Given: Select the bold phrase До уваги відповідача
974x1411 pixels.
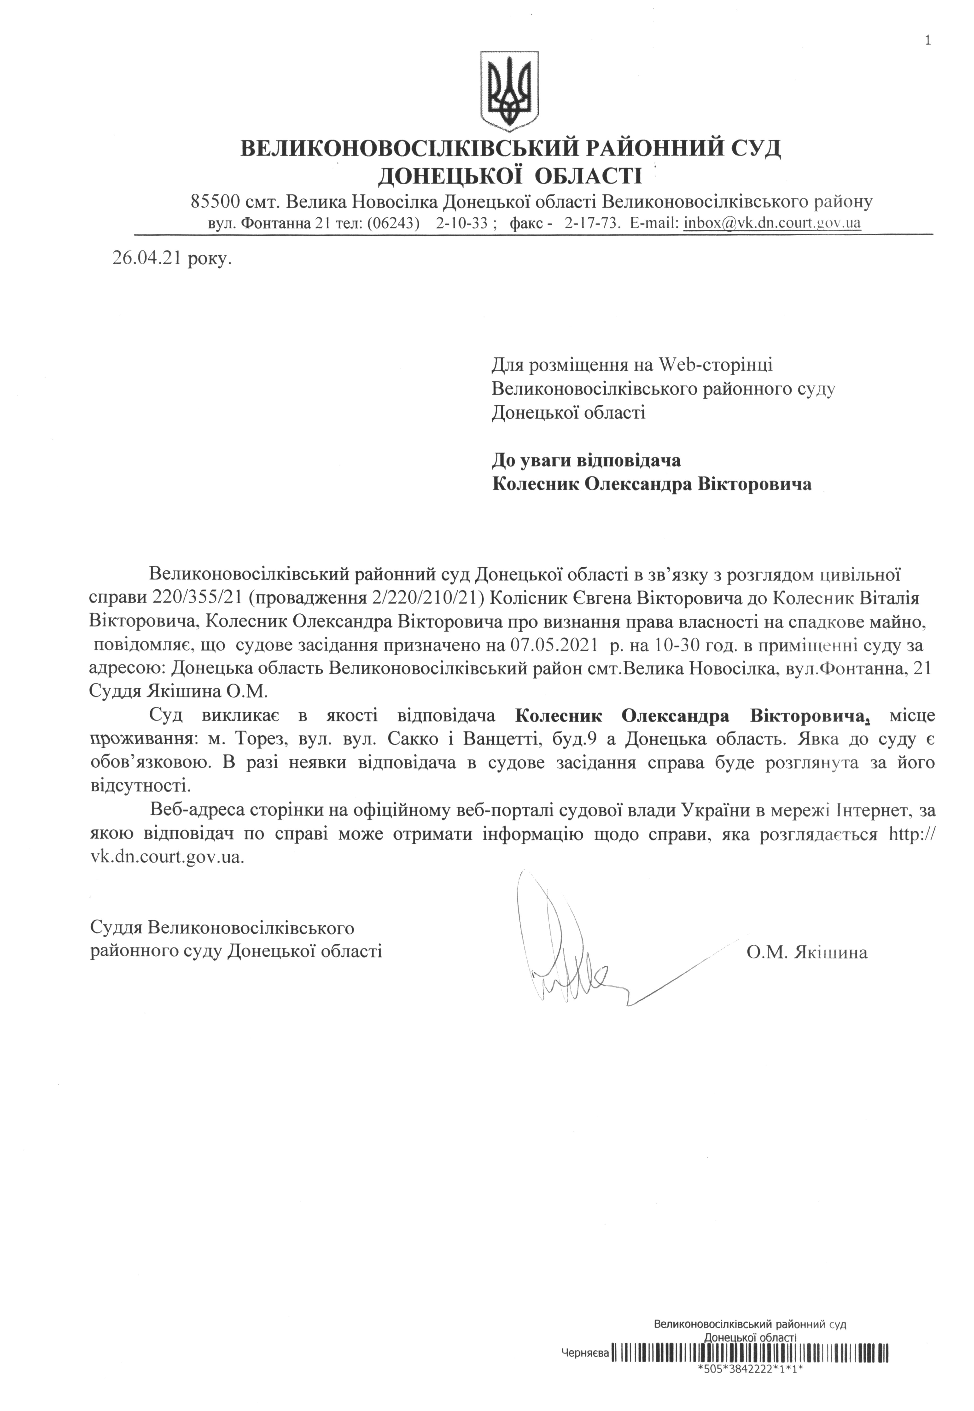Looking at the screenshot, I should point(586,459).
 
